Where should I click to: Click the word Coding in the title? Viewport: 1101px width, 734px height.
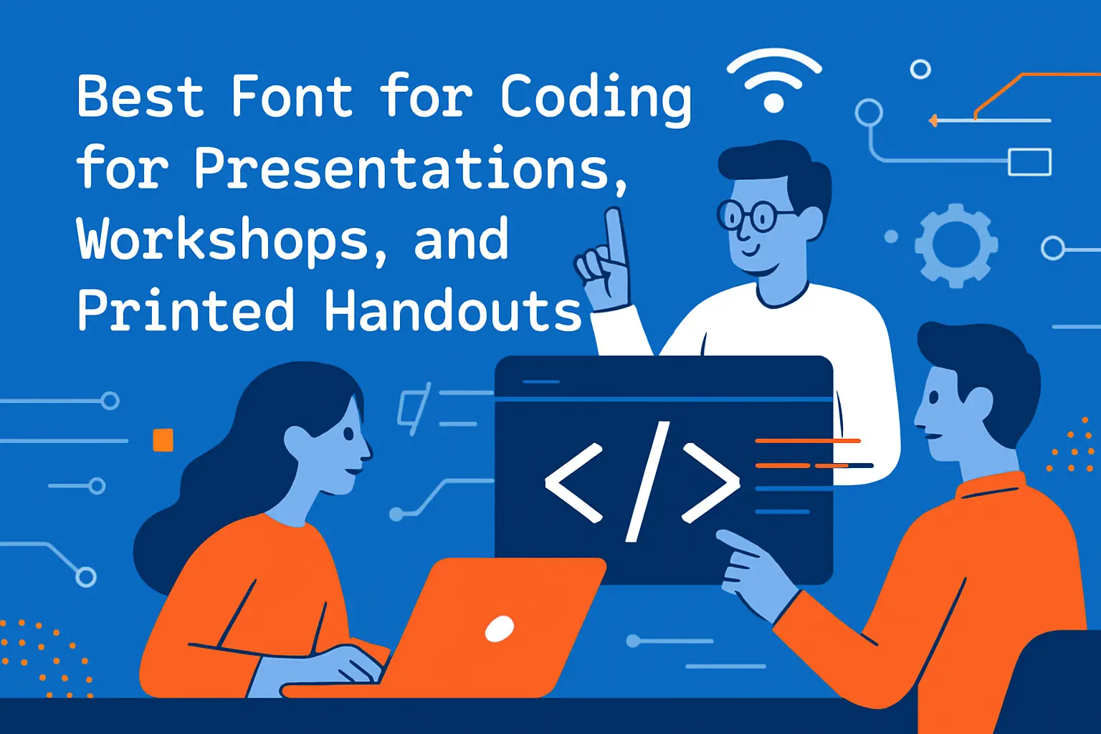(x=595, y=97)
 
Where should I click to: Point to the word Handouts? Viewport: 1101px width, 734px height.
(x=452, y=310)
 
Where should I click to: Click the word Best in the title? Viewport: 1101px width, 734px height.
(x=140, y=96)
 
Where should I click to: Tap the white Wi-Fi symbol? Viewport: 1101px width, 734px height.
(x=773, y=80)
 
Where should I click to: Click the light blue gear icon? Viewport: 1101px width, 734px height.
(x=955, y=244)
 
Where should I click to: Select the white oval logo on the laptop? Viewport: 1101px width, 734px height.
(x=499, y=629)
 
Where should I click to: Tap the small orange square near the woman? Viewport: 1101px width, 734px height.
(x=163, y=439)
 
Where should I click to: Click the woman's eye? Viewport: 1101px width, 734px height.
(x=349, y=433)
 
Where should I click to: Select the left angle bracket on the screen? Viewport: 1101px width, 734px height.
(x=573, y=482)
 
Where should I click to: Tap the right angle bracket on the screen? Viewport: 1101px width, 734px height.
(x=710, y=482)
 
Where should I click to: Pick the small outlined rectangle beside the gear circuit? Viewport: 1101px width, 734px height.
(x=1029, y=162)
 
